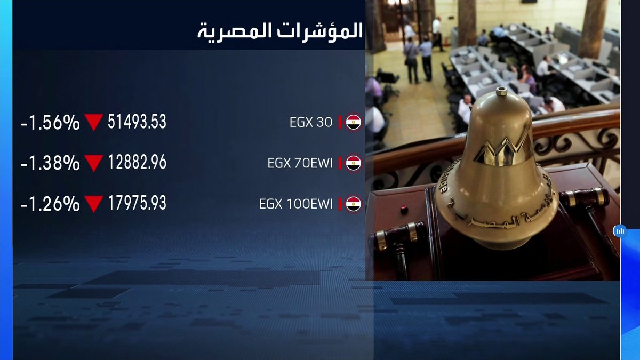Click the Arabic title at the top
(x=280, y=30)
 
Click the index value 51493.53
(x=137, y=122)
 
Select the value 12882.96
(x=137, y=163)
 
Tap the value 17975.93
(x=137, y=203)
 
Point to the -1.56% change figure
(x=50, y=123)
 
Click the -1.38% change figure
(x=50, y=163)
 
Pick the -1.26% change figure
(x=50, y=204)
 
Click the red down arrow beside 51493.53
(x=93, y=123)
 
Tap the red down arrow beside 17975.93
(x=93, y=204)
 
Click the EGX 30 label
(x=311, y=123)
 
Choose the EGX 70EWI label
(x=300, y=163)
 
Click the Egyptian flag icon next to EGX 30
(x=354, y=123)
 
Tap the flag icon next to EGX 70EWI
(x=354, y=163)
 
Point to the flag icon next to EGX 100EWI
(x=354, y=204)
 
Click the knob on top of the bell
(x=501, y=92)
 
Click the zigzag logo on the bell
(x=501, y=149)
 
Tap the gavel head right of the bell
(x=585, y=198)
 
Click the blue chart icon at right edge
(x=620, y=231)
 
